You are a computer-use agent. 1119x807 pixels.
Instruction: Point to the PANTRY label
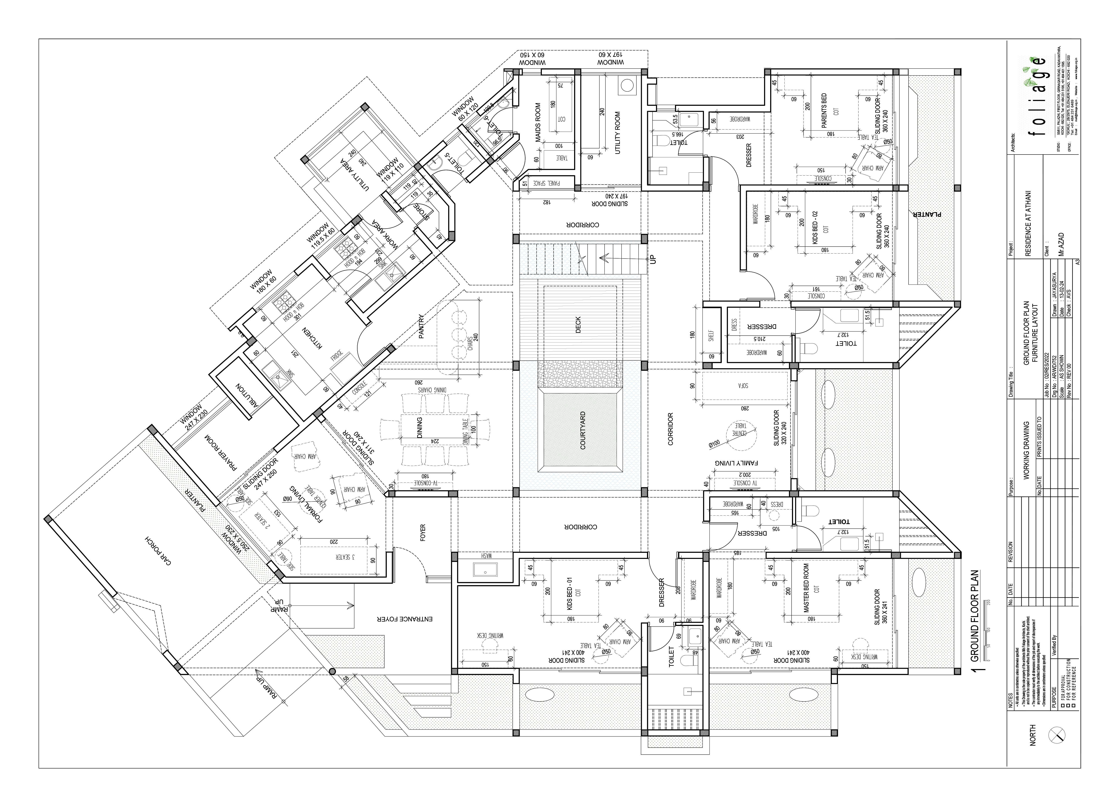tap(421, 326)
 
